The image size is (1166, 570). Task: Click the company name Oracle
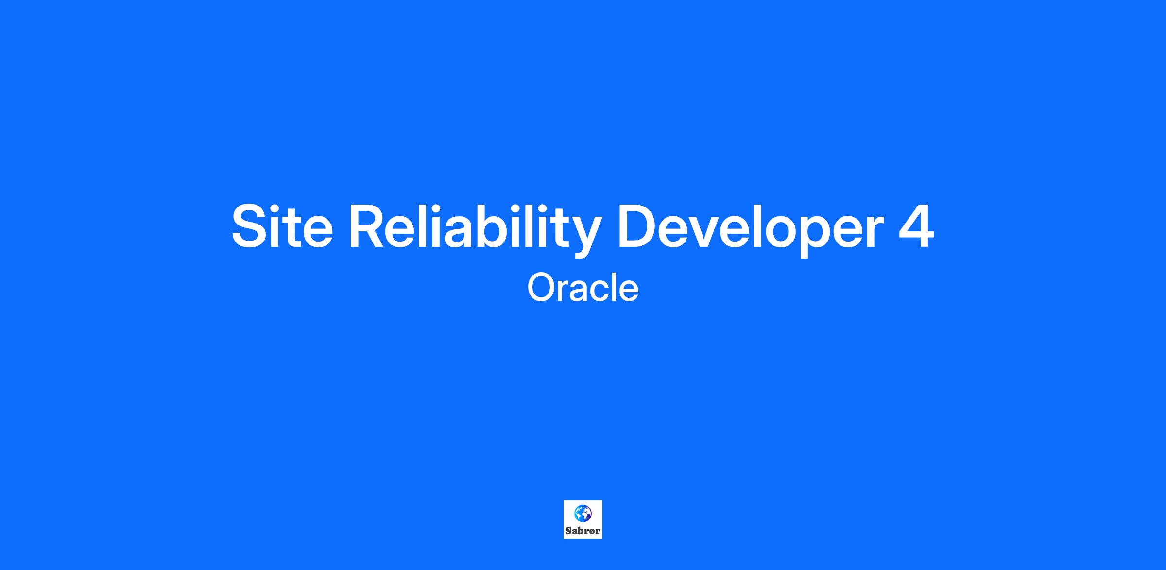click(583, 287)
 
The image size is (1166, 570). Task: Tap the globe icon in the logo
click(583, 514)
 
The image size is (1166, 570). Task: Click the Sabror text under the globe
click(583, 531)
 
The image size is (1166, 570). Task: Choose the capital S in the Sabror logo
click(568, 531)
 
